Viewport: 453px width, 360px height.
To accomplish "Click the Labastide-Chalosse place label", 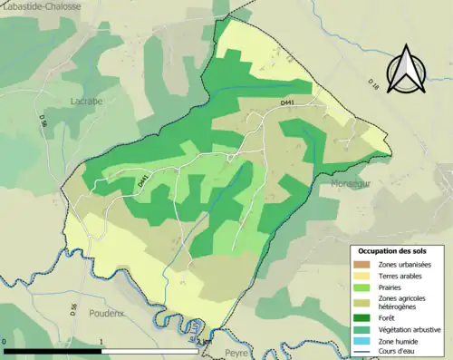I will click(42, 6).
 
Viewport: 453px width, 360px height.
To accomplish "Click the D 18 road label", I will click(372, 84).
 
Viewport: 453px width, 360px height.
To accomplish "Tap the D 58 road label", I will click(42, 118).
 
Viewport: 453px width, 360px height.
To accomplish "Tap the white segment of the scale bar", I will click(149, 351).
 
